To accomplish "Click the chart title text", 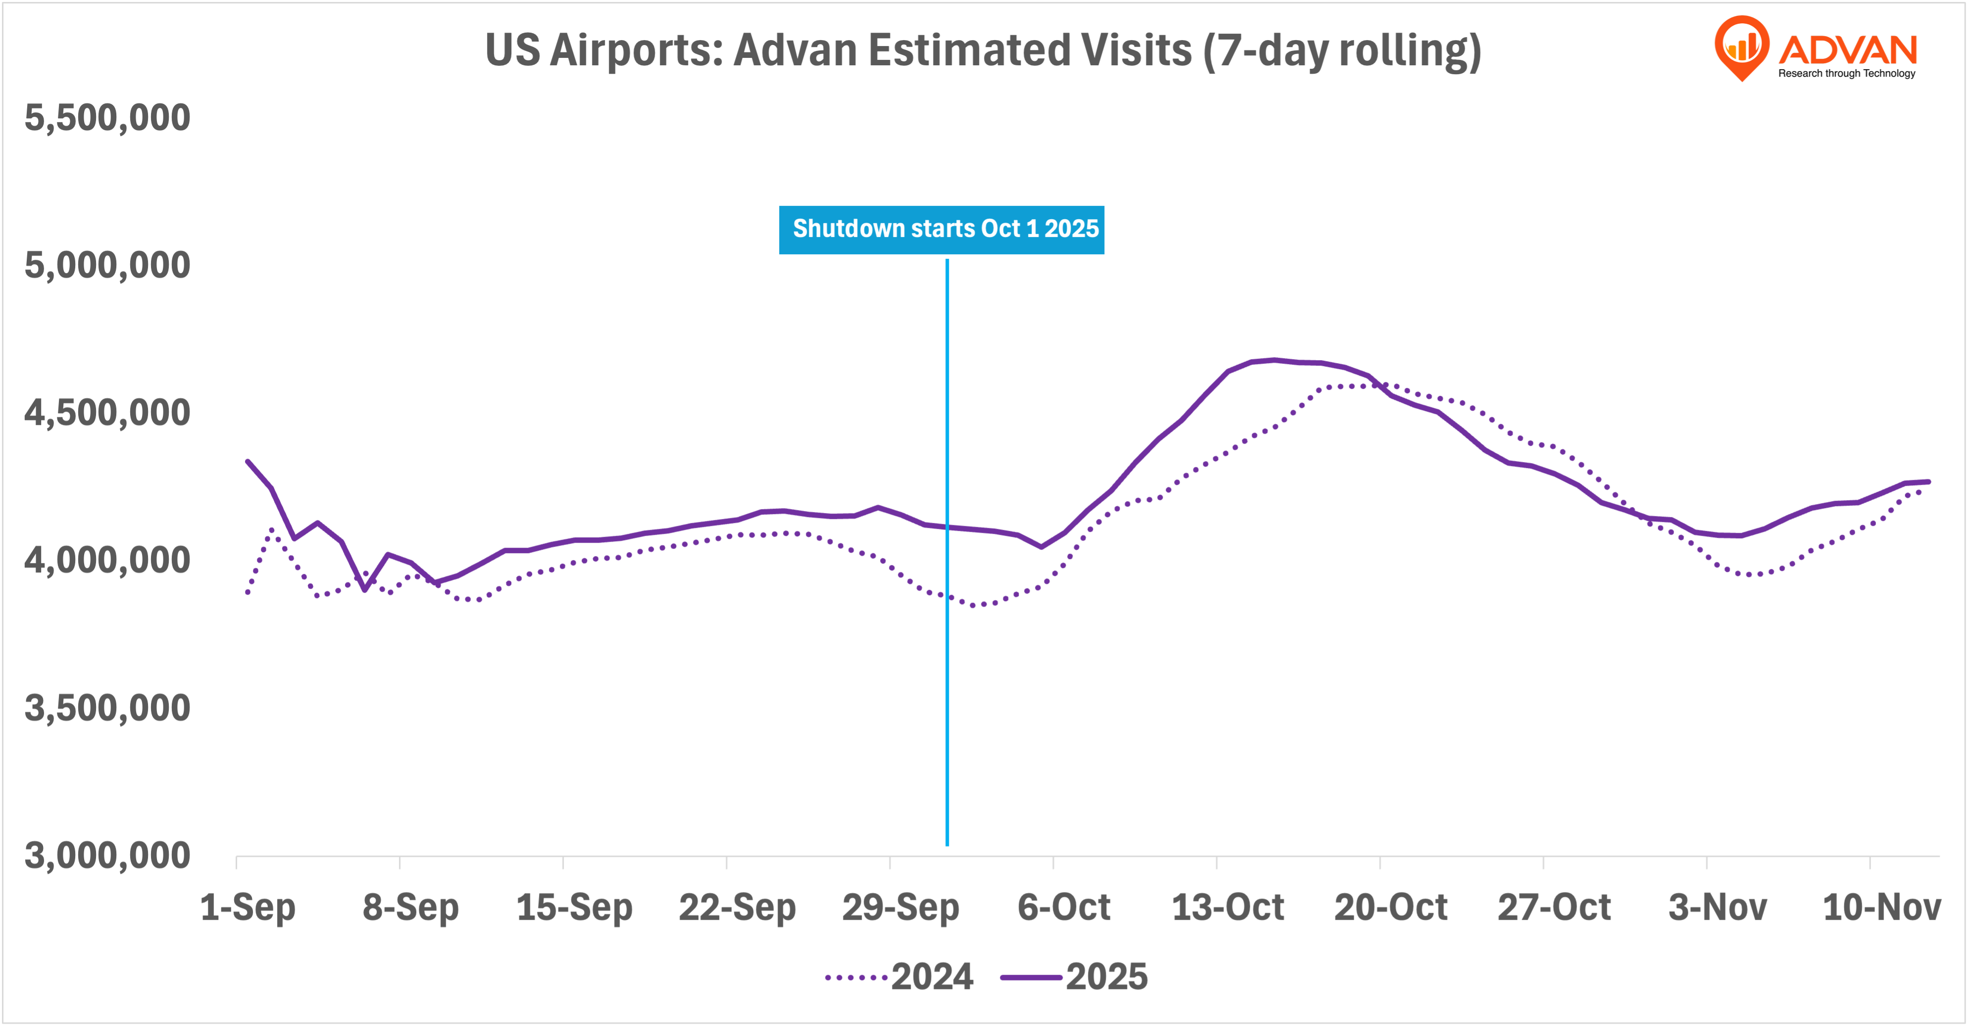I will [983, 50].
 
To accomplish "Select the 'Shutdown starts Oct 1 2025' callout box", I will [941, 229].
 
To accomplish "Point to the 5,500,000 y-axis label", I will [107, 118].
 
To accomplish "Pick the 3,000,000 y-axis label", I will [107, 856].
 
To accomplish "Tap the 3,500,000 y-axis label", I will [107, 708].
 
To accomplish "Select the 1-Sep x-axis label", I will [247, 908].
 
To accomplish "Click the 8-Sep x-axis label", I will [410, 908].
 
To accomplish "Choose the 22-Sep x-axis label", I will [737, 908].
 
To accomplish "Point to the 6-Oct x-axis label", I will [1063, 908].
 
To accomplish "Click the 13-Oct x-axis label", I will [1228, 908].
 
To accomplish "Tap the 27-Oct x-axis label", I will [1554, 908].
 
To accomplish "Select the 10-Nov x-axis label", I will [1881, 908].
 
